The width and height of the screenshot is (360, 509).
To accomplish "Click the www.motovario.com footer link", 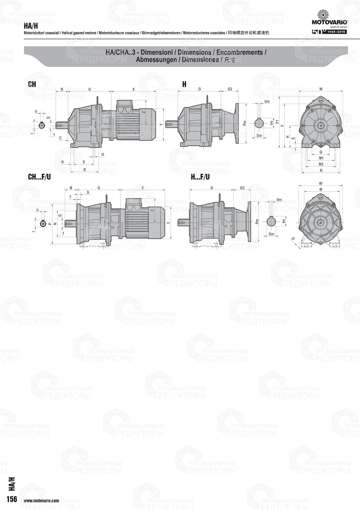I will point(41,500).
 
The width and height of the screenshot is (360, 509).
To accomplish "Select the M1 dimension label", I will point(321,158).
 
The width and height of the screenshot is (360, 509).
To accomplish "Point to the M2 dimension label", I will point(321,164).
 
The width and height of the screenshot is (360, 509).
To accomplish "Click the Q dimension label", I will point(321,152).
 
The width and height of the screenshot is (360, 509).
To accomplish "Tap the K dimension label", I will point(63,162).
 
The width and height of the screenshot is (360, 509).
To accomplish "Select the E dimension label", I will point(84,162).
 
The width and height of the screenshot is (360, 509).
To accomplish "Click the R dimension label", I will point(84,170).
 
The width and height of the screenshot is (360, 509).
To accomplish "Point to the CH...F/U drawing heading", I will point(39,177).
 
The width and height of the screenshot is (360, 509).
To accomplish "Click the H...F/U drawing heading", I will point(200,177).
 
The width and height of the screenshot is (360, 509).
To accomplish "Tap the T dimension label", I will point(70,197).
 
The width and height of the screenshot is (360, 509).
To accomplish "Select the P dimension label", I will point(49,224).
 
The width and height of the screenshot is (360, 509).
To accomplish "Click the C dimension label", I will point(60,138).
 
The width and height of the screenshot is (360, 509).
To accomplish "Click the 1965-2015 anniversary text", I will point(337,32).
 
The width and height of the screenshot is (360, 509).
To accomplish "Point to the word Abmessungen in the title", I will point(156,60).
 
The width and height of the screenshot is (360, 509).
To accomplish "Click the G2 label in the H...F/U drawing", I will point(242,188).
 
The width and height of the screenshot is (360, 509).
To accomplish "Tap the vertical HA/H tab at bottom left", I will point(12,484).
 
